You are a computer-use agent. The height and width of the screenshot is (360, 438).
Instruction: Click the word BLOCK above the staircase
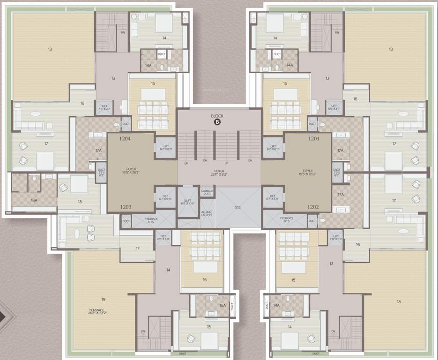coord(217,115)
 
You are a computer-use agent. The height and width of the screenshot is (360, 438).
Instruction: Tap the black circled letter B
coord(217,122)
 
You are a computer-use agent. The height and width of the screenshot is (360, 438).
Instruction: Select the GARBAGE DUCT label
coord(207,192)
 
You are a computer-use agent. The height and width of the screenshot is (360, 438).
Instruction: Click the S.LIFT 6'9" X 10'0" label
coord(188,202)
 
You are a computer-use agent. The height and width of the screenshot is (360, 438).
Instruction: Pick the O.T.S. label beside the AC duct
coord(238,207)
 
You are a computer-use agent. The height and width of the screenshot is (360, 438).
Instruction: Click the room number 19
coord(103,299)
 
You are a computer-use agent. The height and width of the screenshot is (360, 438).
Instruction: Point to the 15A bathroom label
coord(222,305)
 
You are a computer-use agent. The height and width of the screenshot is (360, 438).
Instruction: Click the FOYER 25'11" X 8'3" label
coord(218,173)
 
